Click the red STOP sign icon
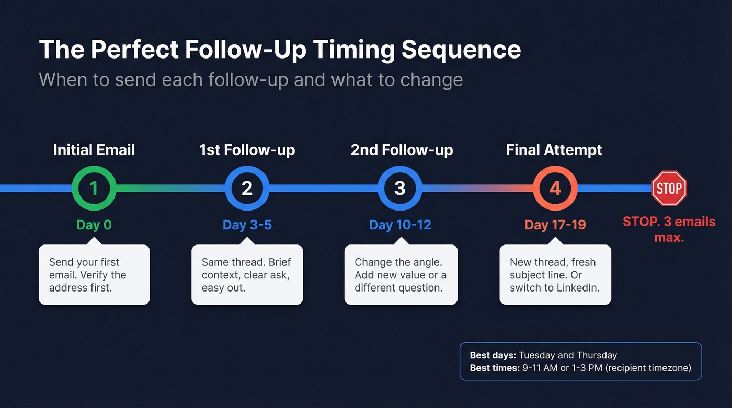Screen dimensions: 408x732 coord(669,188)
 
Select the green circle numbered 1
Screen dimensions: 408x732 coord(94,188)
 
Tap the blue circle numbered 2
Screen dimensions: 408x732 coord(247,188)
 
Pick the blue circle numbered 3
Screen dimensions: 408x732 coord(400,188)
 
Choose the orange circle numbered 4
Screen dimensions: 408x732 coord(555,188)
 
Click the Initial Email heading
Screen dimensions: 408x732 coord(94,150)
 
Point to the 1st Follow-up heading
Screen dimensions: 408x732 coord(247,150)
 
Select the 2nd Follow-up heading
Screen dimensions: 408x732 coord(402,150)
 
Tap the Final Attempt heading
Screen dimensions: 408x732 coord(554,150)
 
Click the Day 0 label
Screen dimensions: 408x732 coord(94,225)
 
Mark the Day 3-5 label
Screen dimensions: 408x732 coord(247,225)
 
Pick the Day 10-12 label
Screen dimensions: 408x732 coord(400,225)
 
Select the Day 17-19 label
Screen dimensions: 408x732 coord(555,225)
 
